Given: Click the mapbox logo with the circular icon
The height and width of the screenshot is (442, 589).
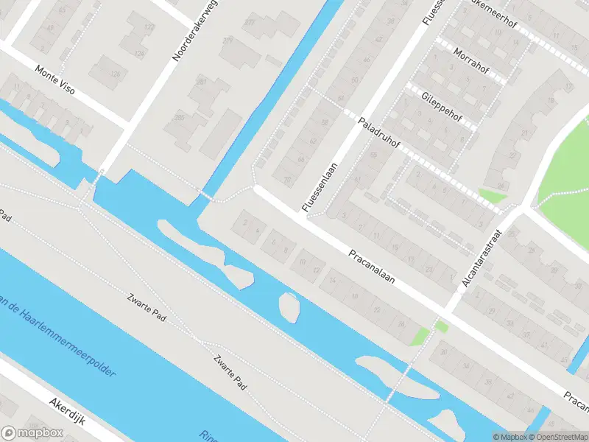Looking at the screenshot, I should [31, 432].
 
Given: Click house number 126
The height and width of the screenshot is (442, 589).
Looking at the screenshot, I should [115, 74].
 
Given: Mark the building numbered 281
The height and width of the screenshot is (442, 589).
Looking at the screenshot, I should [201, 81].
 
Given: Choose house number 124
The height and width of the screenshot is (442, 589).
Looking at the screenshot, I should [140, 54].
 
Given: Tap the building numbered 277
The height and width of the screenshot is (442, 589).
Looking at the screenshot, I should [250, 22].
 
